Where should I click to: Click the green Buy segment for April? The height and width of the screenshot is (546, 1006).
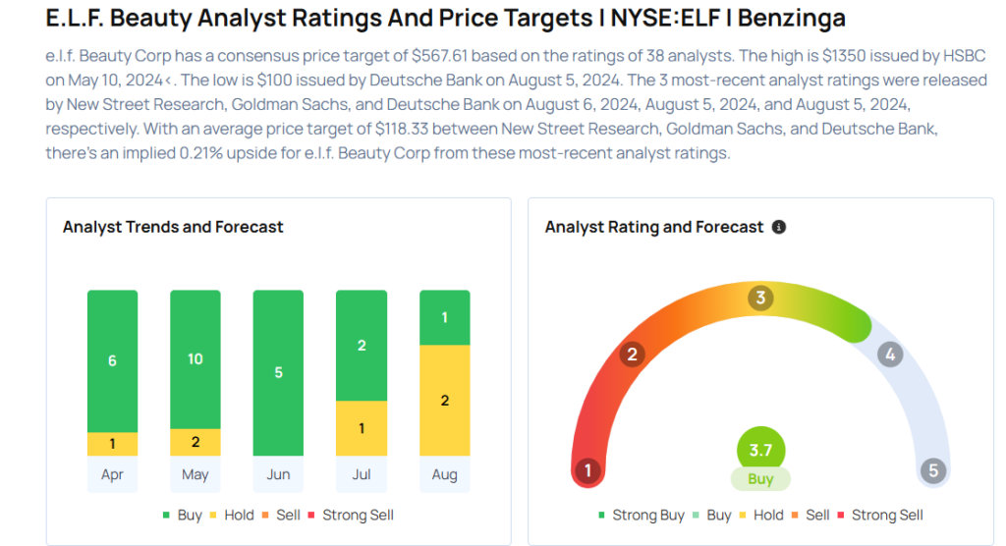pos(112,360)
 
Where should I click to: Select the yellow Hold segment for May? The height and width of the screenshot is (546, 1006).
pos(196,442)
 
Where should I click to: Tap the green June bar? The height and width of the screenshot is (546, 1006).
pos(278,372)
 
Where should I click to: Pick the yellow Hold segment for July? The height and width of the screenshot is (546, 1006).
pos(361,428)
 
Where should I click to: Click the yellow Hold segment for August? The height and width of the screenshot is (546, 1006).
pos(444,400)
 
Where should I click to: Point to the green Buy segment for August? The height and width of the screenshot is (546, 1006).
pos(444,317)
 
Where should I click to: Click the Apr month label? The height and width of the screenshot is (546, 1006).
pos(112,474)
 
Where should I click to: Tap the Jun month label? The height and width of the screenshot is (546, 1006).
pos(278,474)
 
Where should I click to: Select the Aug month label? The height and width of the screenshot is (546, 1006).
pos(444,474)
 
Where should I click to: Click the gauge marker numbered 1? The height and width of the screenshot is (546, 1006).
pos(587,470)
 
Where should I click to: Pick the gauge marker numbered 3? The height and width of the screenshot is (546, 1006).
pos(759,299)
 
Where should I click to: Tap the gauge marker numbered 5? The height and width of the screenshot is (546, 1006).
pos(933,470)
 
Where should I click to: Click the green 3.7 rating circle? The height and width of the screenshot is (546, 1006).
pos(760,451)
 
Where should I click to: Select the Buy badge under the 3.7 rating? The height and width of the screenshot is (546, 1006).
pos(760,479)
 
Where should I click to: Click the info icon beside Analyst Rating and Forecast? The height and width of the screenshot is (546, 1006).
pos(779,227)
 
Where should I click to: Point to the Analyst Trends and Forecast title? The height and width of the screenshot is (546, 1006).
pos(173,227)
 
